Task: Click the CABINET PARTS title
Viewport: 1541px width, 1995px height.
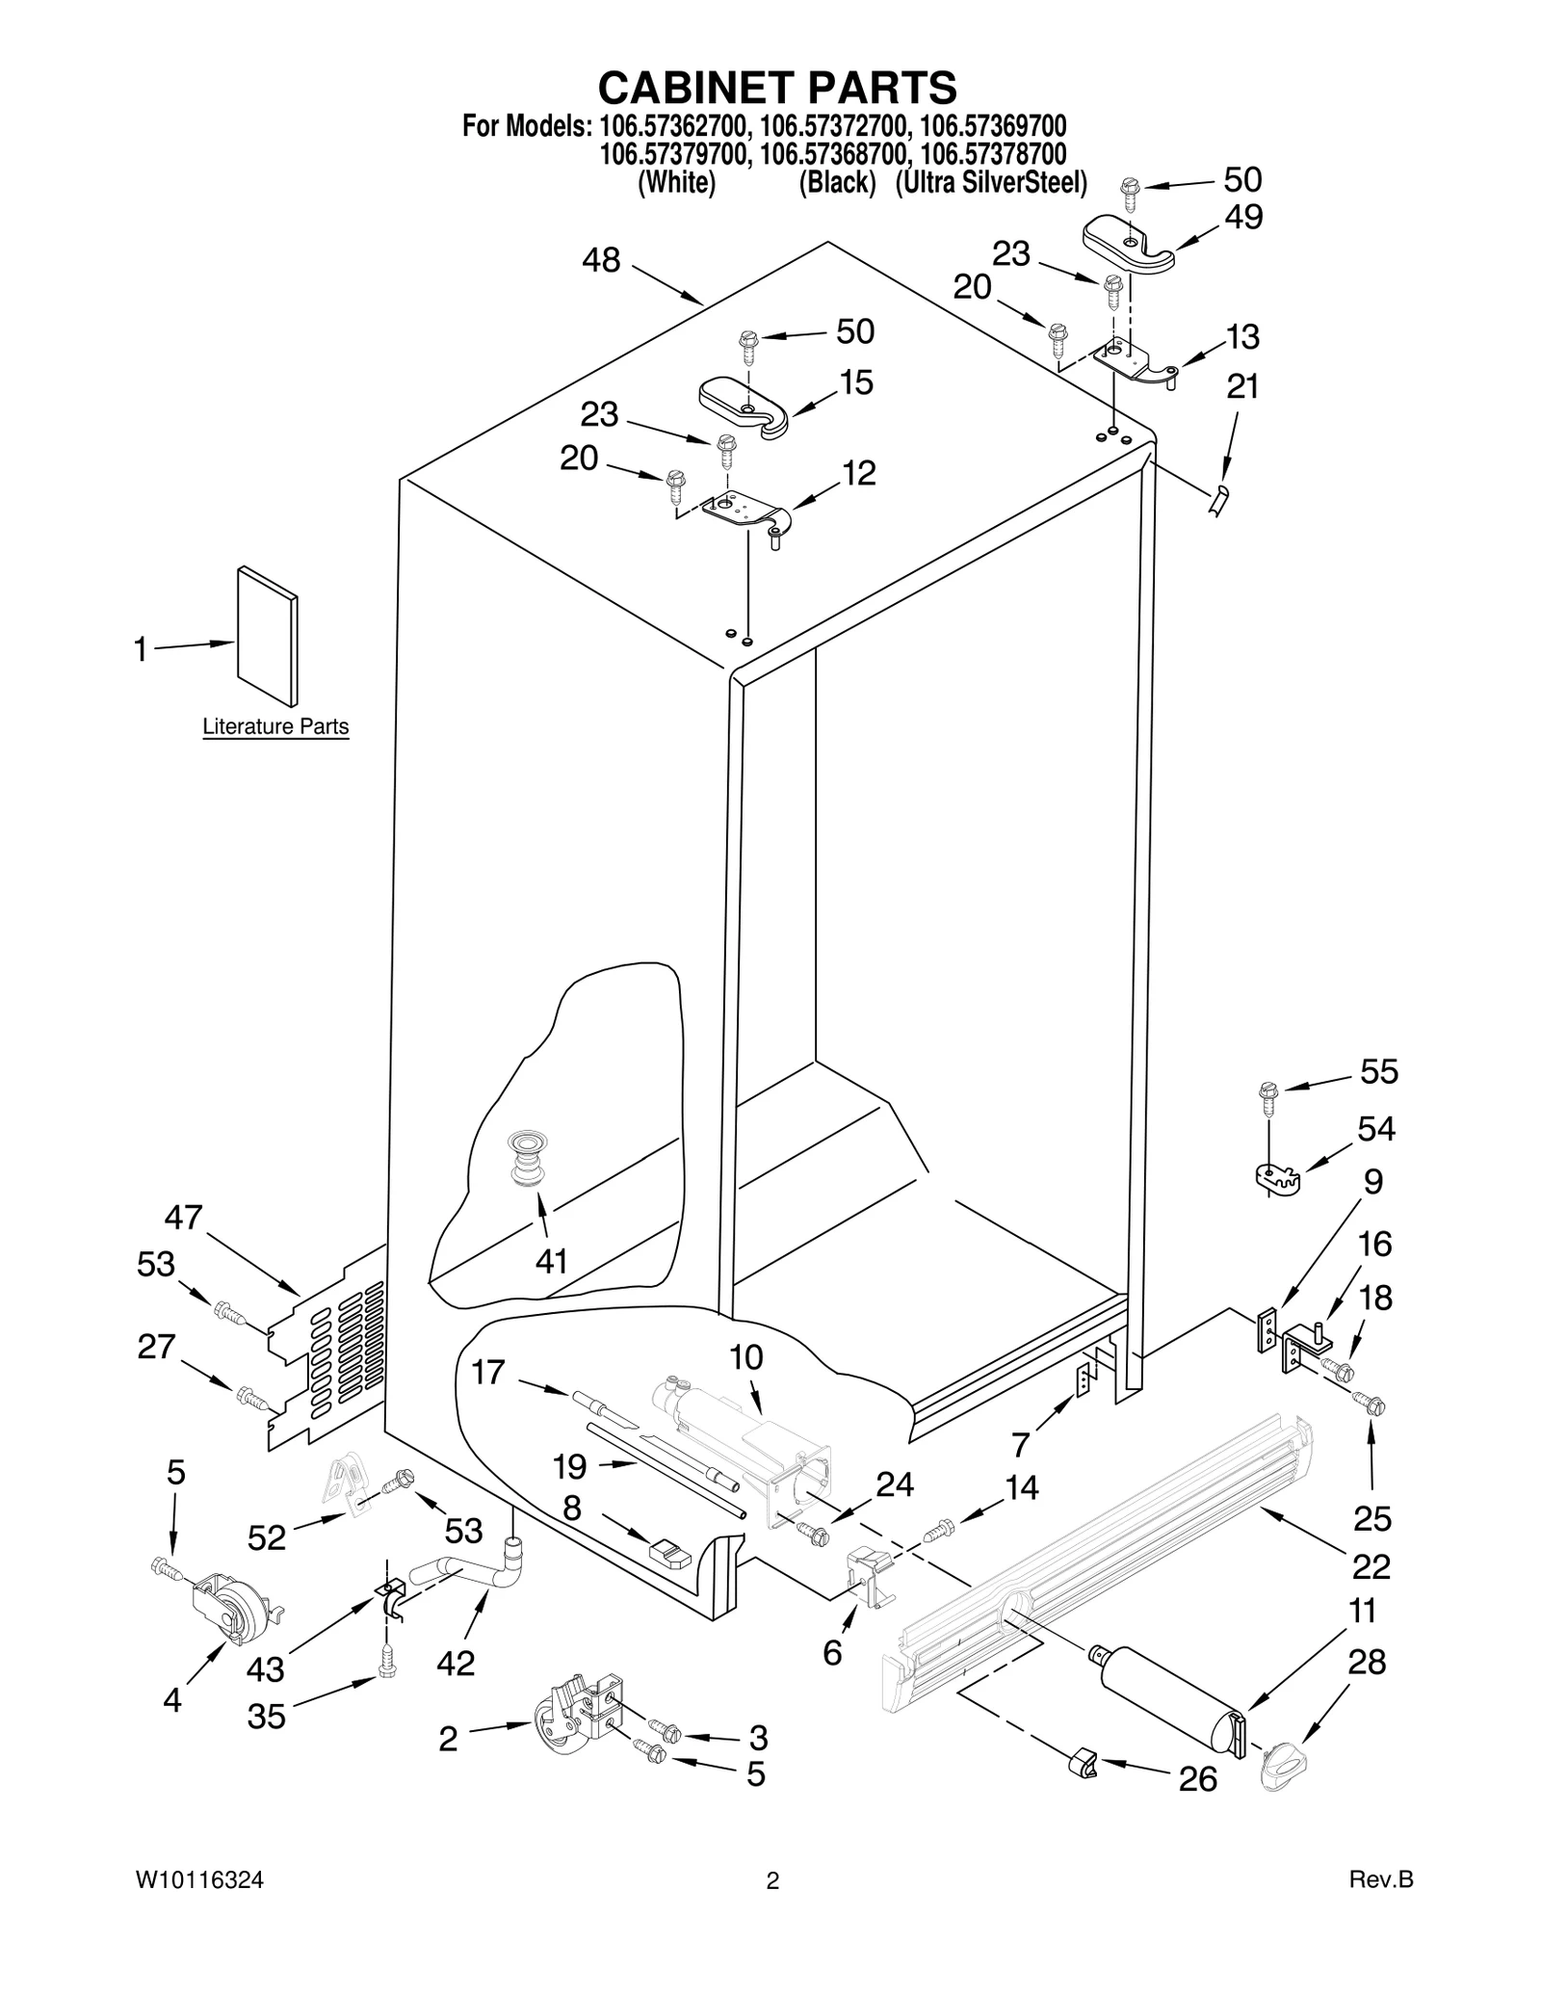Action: click(x=777, y=88)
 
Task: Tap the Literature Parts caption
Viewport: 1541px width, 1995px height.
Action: click(x=275, y=726)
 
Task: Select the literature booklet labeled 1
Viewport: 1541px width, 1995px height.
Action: click(x=268, y=636)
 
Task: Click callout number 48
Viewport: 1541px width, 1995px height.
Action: click(x=602, y=260)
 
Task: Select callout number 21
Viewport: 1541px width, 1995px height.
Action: click(x=1242, y=386)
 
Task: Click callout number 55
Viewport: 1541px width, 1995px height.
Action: click(x=1378, y=1071)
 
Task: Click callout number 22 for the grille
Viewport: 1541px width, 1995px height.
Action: click(x=1371, y=1566)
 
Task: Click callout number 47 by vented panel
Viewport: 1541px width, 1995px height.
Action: click(x=183, y=1218)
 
